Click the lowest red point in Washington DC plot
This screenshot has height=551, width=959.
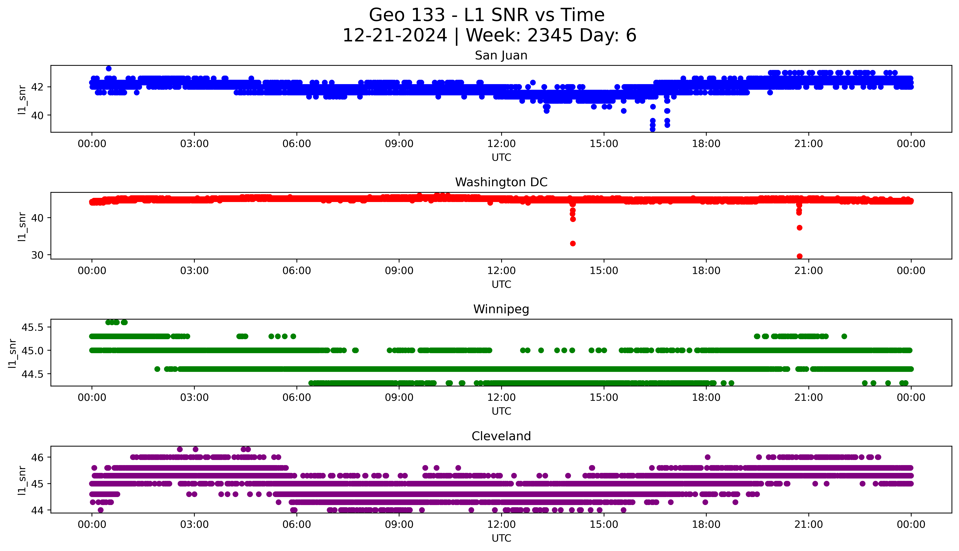point(799,256)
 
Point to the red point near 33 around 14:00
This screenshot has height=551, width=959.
point(573,243)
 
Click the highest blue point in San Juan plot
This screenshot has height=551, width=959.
point(109,68)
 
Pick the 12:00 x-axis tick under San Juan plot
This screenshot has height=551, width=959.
point(501,144)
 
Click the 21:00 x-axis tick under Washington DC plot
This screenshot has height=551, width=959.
point(808,271)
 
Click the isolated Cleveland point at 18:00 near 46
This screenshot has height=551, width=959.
point(707,457)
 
